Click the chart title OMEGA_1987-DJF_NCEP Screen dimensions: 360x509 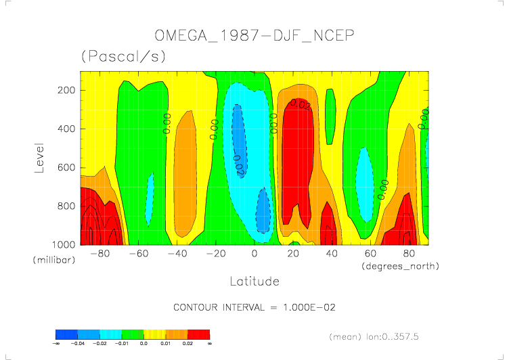(x=255, y=36)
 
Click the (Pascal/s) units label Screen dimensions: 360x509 (x=123, y=57)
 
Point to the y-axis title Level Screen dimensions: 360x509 (x=39, y=156)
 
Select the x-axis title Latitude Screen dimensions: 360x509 (x=255, y=280)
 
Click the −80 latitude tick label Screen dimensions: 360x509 (x=99, y=254)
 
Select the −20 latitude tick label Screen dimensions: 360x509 (x=215, y=254)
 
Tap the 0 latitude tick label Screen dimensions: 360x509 (x=255, y=254)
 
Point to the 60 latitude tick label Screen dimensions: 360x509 (x=370, y=254)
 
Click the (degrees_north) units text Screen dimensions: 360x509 (x=400, y=266)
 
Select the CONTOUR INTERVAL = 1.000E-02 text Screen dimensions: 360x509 (x=255, y=307)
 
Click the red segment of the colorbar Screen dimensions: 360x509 (x=198, y=334)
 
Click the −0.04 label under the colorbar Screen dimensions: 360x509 (x=78, y=344)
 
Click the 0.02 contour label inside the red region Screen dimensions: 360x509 (x=300, y=104)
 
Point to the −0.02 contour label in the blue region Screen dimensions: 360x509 (x=238, y=164)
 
